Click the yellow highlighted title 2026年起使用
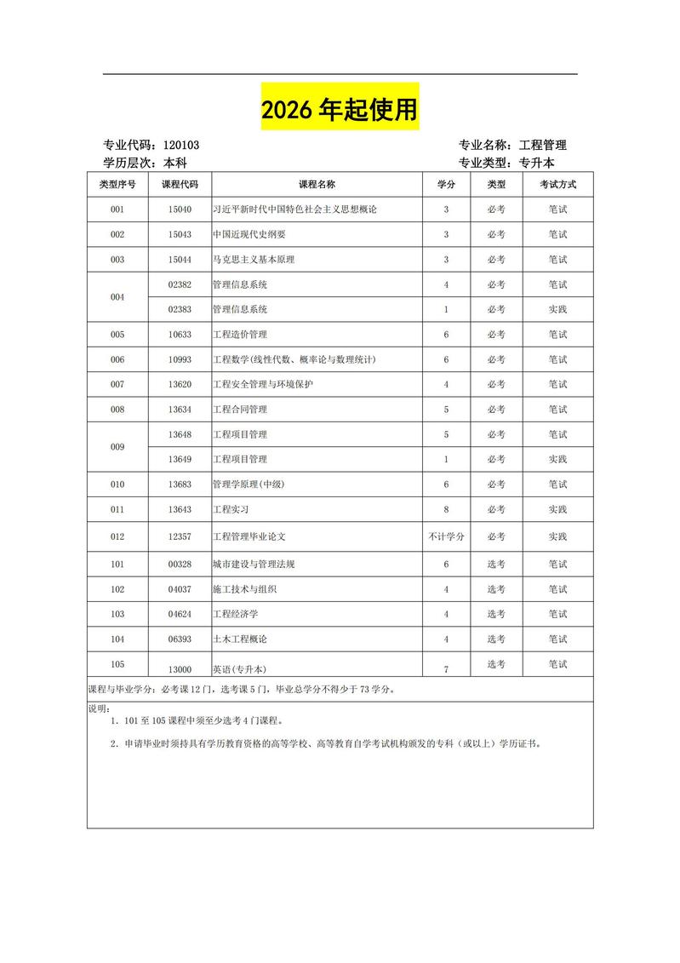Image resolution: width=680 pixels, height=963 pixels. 340,108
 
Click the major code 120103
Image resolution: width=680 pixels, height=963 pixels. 180,146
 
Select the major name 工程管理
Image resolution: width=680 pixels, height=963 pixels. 542,146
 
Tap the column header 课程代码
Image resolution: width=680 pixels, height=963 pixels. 180,185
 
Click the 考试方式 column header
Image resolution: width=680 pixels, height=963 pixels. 557,185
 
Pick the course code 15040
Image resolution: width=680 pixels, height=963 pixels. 180,209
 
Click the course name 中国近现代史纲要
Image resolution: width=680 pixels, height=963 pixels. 249,234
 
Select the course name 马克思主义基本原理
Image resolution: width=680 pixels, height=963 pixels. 254,260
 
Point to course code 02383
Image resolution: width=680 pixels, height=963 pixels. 180,309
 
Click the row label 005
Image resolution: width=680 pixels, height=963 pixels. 117,335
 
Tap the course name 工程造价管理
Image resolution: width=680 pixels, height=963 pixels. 240,335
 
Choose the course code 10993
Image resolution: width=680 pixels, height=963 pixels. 180,359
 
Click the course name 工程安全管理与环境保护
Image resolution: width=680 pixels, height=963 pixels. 263,385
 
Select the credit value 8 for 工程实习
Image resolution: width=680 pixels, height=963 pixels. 446,509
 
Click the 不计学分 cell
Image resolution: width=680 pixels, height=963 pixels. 446,536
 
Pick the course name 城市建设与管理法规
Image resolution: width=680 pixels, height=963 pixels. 254,564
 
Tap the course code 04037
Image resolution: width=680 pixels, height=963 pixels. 180,589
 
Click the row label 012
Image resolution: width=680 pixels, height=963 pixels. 117,536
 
